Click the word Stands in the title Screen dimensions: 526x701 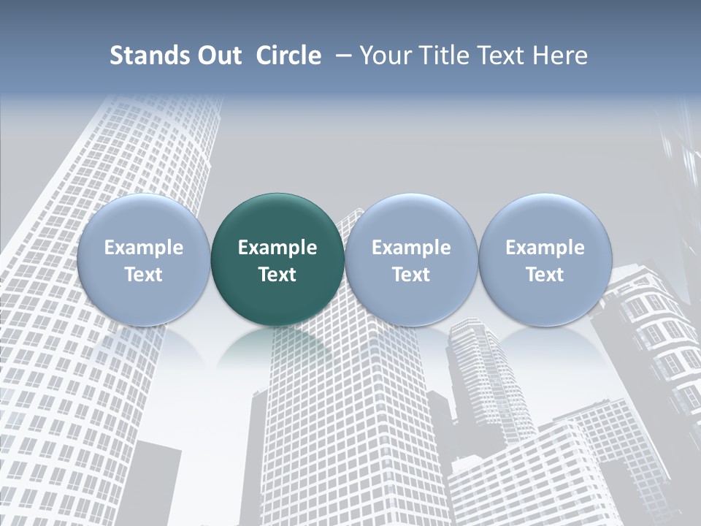(147, 56)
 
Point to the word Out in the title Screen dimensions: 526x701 (217, 56)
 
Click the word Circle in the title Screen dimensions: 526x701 (288, 56)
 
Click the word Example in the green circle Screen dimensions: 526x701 (277, 248)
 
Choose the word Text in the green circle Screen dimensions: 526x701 (277, 275)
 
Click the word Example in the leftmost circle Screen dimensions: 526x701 (144, 248)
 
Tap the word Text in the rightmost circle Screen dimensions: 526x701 (545, 275)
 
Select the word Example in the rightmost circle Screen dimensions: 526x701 (545, 248)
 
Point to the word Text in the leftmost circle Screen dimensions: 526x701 (144, 275)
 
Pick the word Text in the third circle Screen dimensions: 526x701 (411, 275)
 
